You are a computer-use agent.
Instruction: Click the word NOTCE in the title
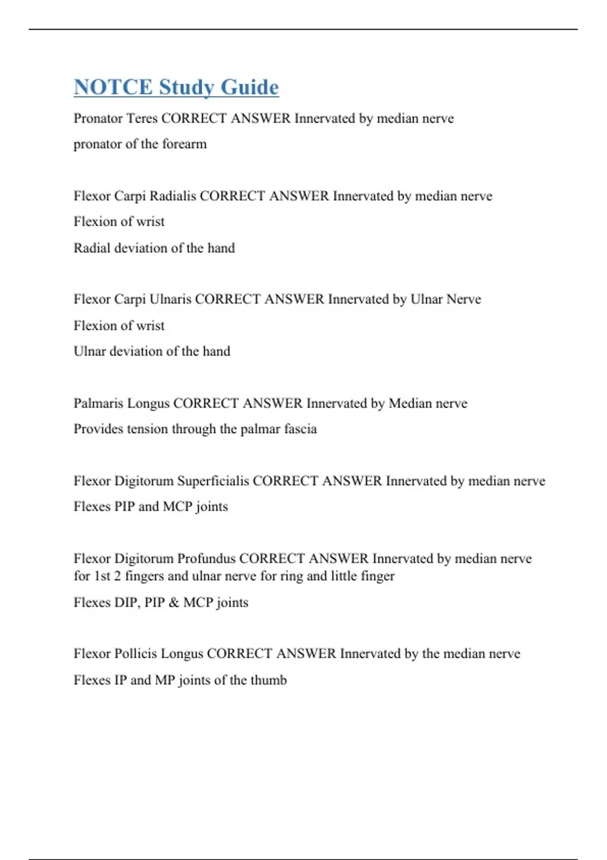[x=113, y=87]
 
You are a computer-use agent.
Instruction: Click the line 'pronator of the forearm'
[x=140, y=144]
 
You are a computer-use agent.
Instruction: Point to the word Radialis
[x=172, y=196]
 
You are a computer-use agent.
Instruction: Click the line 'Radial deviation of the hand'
[x=154, y=248]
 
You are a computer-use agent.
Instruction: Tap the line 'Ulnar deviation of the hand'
[x=152, y=351]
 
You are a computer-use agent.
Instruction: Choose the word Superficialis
[x=213, y=481]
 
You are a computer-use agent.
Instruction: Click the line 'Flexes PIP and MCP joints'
[x=151, y=506]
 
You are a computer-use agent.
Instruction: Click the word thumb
[x=269, y=680]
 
